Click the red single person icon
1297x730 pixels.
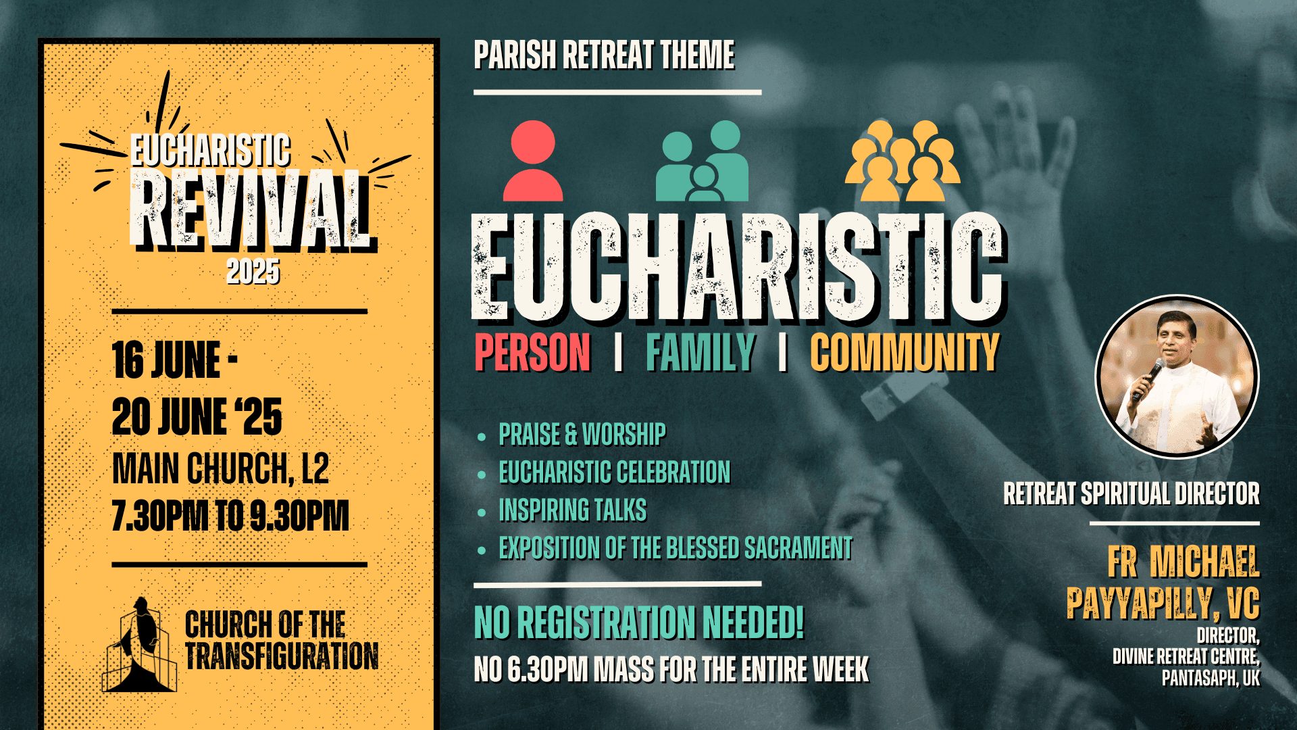coord(533,162)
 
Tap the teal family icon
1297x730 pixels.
coord(703,162)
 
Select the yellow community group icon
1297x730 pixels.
coord(902,162)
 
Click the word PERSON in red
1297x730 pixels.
coord(532,353)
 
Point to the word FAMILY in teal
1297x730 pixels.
coord(701,353)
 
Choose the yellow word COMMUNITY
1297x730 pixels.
coord(905,353)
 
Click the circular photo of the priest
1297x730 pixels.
coord(1177,376)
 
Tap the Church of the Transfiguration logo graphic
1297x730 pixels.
coord(140,646)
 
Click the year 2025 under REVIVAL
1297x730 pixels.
coord(253,272)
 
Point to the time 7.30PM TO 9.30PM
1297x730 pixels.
coord(230,516)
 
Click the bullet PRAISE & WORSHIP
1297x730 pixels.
coord(582,435)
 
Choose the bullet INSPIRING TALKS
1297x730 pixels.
coord(573,510)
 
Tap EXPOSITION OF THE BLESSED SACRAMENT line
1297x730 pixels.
coord(676,548)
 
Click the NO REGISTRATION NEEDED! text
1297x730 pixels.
coord(639,623)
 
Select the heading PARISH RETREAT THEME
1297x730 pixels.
coord(604,55)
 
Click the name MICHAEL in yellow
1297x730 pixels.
coord(1204,562)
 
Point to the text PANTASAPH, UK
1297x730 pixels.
coord(1211,679)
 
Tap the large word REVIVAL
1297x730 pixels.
coord(250,211)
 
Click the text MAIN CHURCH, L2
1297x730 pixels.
coord(220,468)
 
